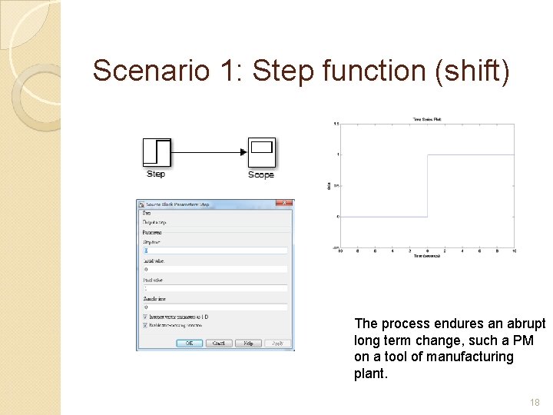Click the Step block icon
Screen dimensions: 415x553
156,151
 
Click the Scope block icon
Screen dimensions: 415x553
261,152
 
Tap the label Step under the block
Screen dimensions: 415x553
156,174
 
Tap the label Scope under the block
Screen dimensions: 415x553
261,175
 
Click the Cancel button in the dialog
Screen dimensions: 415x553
219,343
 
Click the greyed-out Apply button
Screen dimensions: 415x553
277,343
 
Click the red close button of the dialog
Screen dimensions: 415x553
283,204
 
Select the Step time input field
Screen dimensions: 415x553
214,250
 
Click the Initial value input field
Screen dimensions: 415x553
214,269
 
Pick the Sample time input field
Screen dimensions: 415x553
214,307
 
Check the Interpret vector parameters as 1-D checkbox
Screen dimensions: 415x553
145,316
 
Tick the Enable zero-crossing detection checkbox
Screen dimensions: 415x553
145,325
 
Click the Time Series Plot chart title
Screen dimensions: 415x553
426,120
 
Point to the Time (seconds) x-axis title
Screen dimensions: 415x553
426,256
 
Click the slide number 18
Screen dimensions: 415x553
535,402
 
